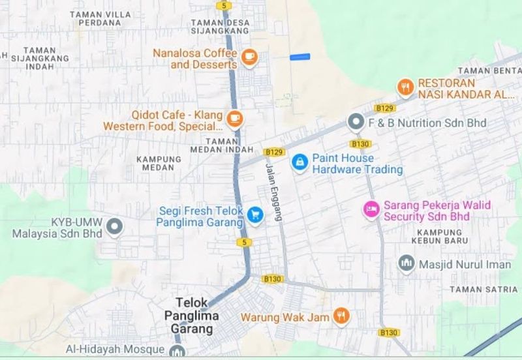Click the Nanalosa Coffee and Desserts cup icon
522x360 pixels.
[249, 58]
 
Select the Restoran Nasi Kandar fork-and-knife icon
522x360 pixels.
[405, 87]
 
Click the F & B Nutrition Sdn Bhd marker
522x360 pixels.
[356, 121]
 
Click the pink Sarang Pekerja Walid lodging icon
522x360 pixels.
[371, 209]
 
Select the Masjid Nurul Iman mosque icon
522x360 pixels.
[406, 263]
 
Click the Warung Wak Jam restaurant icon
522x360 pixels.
[341, 317]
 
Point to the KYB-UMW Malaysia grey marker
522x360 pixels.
[115, 227]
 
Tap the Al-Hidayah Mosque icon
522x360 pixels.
[176, 352]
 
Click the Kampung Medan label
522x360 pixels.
[159, 163]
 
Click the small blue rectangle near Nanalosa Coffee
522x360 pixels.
[299, 57]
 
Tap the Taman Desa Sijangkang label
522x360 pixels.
[220, 26]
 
